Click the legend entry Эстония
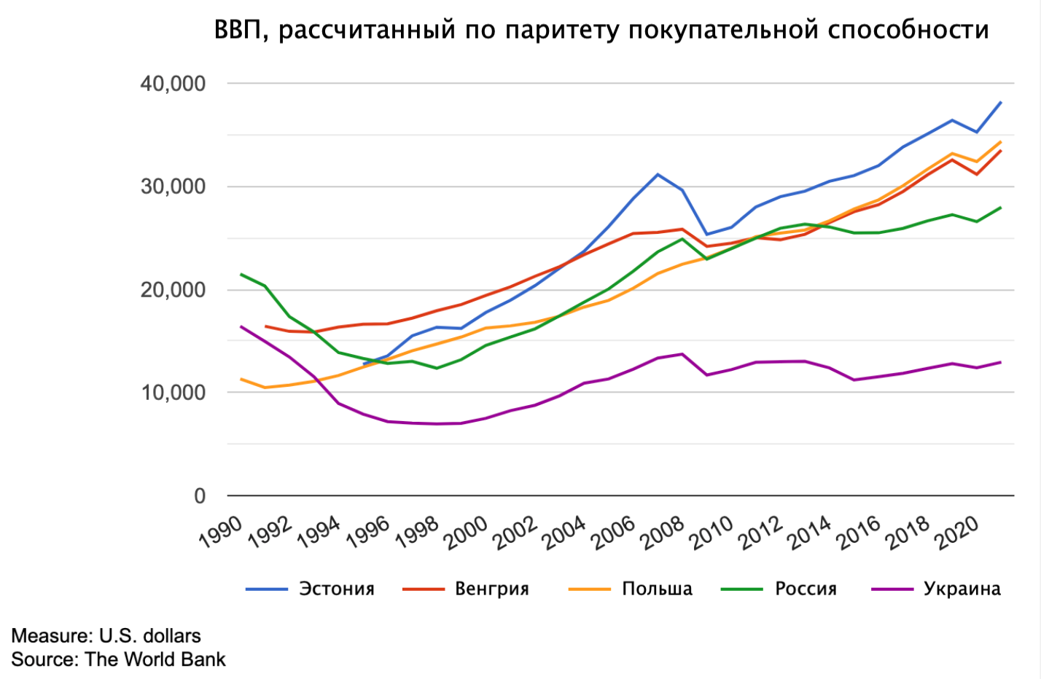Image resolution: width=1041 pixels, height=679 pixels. pyautogui.click(x=336, y=589)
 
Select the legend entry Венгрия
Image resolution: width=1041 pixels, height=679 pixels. pyautogui.click(x=492, y=589)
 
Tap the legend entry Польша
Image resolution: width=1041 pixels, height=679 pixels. pyautogui.click(x=657, y=589)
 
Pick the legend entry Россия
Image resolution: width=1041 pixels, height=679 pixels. pyautogui.click(x=806, y=589)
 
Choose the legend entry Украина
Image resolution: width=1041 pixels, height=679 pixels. pyautogui.click(x=962, y=589)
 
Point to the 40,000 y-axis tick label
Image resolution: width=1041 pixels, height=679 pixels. pyautogui.click(x=173, y=84)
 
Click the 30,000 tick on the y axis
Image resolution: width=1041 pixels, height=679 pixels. pyautogui.click(x=173, y=187)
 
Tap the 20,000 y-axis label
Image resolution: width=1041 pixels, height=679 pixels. pyautogui.click(x=173, y=290)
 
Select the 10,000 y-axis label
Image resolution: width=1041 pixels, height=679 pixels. pyautogui.click(x=173, y=393)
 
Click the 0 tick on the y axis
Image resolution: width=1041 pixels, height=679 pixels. pyautogui.click(x=200, y=496)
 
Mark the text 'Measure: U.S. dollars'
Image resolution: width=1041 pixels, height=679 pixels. pyautogui.click(x=106, y=636)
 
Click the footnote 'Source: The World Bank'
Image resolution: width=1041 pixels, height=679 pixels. pyautogui.click(x=118, y=659)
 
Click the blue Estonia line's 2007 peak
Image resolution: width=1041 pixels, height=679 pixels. pyautogui.click(x=658, y=174)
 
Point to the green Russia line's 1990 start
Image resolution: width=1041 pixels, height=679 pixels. pyautogui.click(x=241, y=275)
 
